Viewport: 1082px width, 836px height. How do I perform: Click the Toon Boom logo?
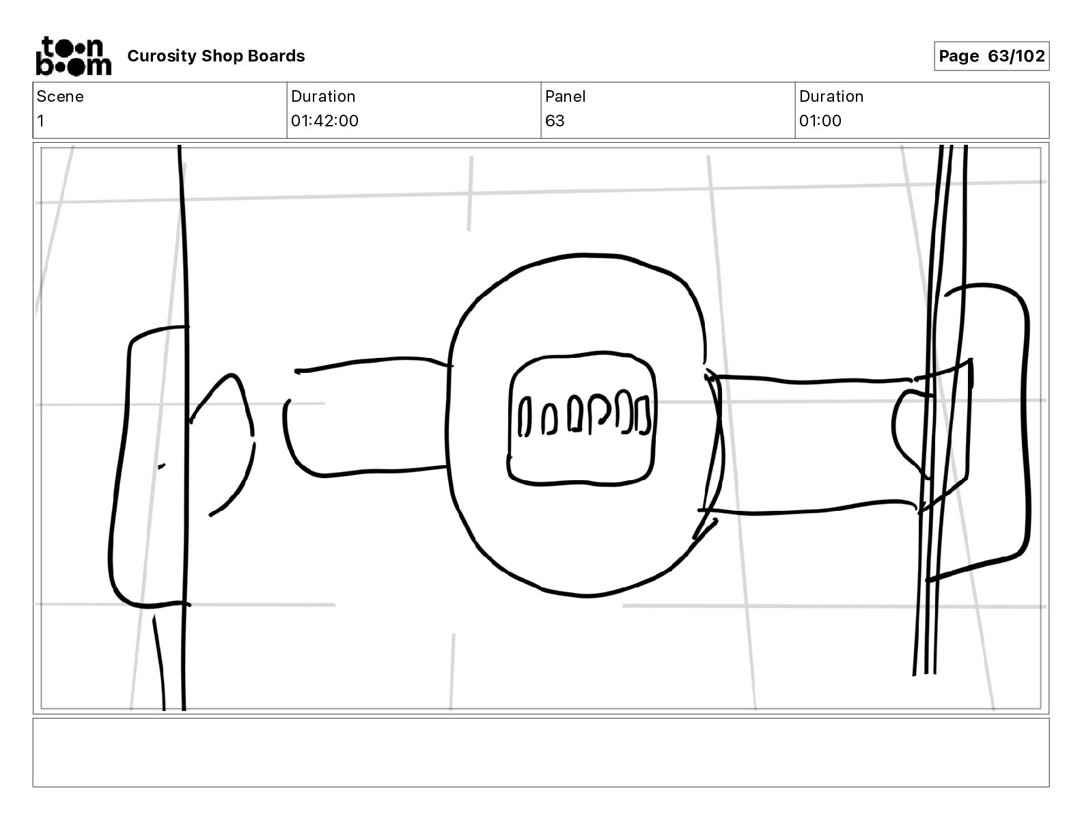[73, 56]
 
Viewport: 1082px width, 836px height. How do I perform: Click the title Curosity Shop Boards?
[216, 56]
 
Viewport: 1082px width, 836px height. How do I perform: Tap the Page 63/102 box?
[991, 56]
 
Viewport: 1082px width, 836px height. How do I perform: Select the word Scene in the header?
[60, 96]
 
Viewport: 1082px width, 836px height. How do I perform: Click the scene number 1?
[41, 121]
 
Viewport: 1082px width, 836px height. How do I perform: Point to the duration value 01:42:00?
[324, 121]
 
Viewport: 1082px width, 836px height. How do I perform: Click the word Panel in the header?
[565, 96]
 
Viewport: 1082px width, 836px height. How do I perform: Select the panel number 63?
[555, 121]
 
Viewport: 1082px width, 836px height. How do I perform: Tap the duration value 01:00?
[820, 121]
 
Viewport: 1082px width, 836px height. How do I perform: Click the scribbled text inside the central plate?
[584, 415]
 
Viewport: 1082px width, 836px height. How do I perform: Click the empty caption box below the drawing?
[540, 752]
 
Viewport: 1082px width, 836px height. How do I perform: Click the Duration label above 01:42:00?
[323, 96]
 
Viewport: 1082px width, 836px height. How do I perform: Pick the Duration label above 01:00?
[831, 96]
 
